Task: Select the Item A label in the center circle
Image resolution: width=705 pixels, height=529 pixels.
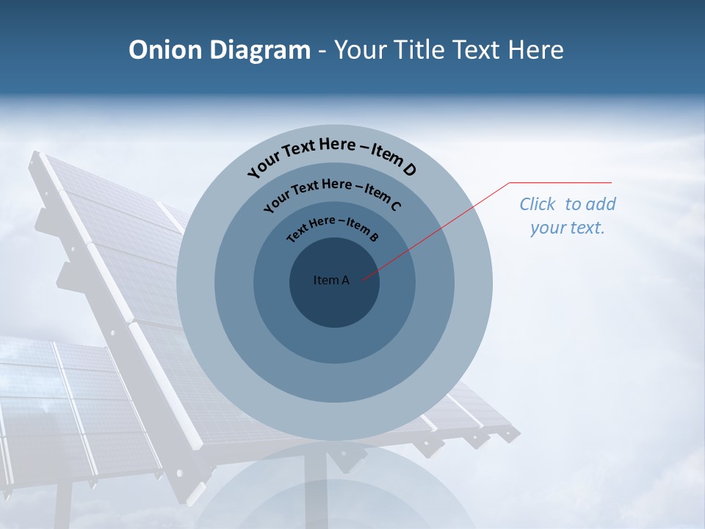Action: coord(331,280)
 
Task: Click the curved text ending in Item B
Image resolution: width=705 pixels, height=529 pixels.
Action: coord(333,227)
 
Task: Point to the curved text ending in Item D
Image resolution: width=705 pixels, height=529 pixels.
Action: coord(332,154)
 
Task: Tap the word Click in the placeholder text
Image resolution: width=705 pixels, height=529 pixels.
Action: coord(538,204)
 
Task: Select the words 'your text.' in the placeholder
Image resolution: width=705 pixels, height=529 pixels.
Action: coord(567,228)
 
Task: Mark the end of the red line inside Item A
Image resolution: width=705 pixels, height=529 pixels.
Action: coord(362,278)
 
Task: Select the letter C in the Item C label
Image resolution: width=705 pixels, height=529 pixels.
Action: coord(396,206)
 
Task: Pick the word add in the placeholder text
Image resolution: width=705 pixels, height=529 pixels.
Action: coord(601,204)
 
